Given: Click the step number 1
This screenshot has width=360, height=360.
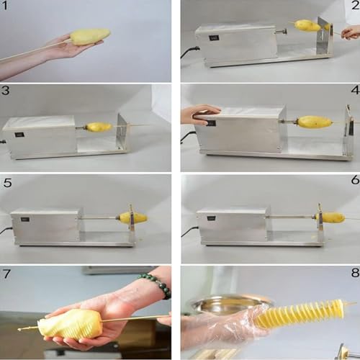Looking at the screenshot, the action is click(4, 6).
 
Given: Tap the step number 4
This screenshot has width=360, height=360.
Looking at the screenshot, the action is click(356, 90).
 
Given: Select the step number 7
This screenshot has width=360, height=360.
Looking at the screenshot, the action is click(6, 274).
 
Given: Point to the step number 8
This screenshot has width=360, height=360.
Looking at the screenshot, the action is click(355, 273).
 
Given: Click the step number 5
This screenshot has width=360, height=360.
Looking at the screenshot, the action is click(7, 183).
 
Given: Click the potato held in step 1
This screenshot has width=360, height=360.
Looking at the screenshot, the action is click(90, 37).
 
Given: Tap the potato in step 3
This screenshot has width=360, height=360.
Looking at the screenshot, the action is click(99, 127).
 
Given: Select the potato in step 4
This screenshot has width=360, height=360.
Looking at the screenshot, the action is click(315, 122).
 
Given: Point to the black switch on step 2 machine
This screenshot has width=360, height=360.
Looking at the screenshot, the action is click(212, 38).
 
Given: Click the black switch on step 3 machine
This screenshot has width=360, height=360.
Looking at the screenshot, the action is click(18, 135).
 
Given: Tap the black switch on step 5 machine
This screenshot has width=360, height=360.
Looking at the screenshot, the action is click(25, 220).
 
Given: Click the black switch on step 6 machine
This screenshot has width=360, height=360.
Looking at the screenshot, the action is click(211, 218).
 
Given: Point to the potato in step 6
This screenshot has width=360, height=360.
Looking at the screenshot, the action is click(331, 217).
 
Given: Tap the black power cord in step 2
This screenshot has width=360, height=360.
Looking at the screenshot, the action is click(189, 53).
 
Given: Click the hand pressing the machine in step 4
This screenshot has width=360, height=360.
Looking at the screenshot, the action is click(200, 114).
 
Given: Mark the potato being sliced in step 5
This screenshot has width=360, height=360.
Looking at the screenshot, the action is click(133, 218).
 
